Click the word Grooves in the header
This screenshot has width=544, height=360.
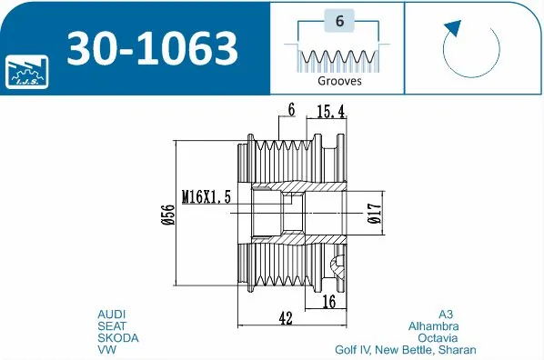339,81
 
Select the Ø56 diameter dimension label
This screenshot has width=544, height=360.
167,214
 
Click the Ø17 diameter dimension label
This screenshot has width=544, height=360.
374,214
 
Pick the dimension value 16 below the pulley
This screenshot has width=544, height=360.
328,301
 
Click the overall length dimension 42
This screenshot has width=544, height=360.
287,317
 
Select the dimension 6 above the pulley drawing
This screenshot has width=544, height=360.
291,110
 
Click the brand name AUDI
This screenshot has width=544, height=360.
112,314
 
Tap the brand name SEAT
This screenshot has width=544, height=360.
112,325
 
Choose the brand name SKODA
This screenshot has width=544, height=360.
117,337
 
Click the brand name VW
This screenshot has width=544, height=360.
106,349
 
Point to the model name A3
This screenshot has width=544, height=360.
445,314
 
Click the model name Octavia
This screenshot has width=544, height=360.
438,337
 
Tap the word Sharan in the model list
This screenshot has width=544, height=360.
457,349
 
